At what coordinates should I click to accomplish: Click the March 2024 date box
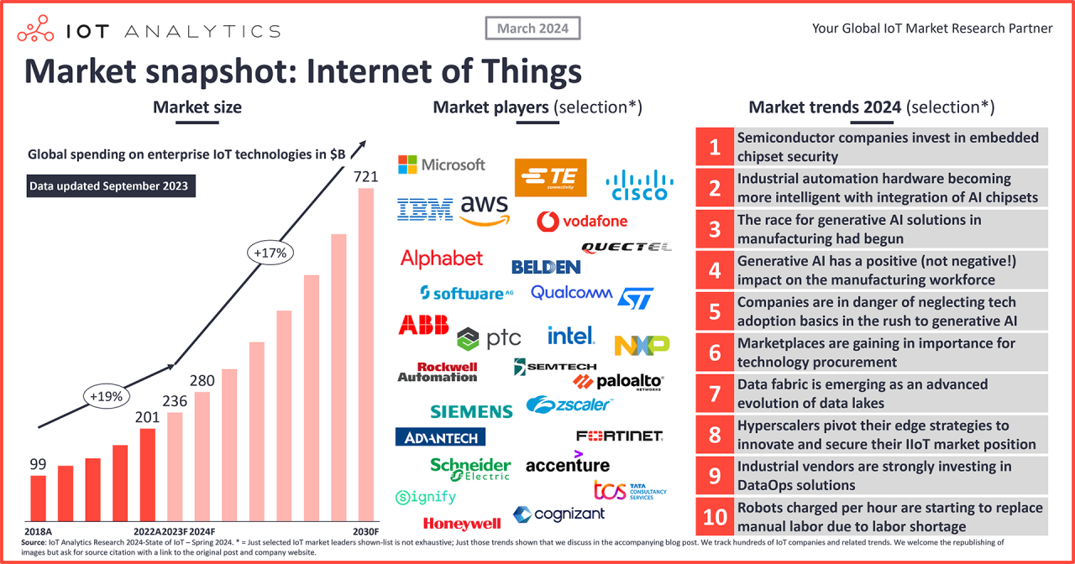[x=532, y=29]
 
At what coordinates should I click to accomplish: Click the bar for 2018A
[x=39, y=498]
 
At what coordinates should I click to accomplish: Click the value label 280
[x=202, y=380]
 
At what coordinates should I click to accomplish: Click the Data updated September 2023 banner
[x=111, y=186]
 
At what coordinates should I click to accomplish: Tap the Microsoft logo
[x=442, y=164]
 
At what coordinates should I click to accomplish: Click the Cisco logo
[x=640, y=185]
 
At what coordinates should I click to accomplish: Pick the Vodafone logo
[x=582, y=222]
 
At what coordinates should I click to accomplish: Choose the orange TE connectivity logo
[x=550, y=177]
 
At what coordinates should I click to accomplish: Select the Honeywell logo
[x=462, y=524]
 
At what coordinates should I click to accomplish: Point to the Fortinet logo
[x=620, y=436]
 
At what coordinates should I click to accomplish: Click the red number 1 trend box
[x=714, y=148]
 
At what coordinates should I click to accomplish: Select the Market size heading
[x=197, y=107]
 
